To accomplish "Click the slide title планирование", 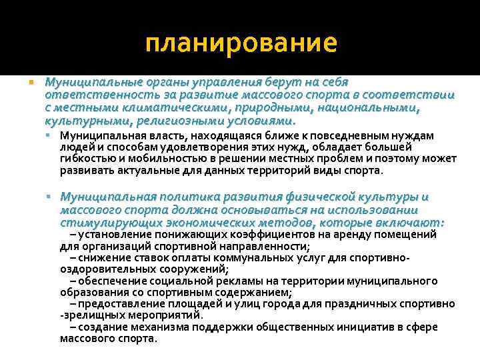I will pos(241,44).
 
